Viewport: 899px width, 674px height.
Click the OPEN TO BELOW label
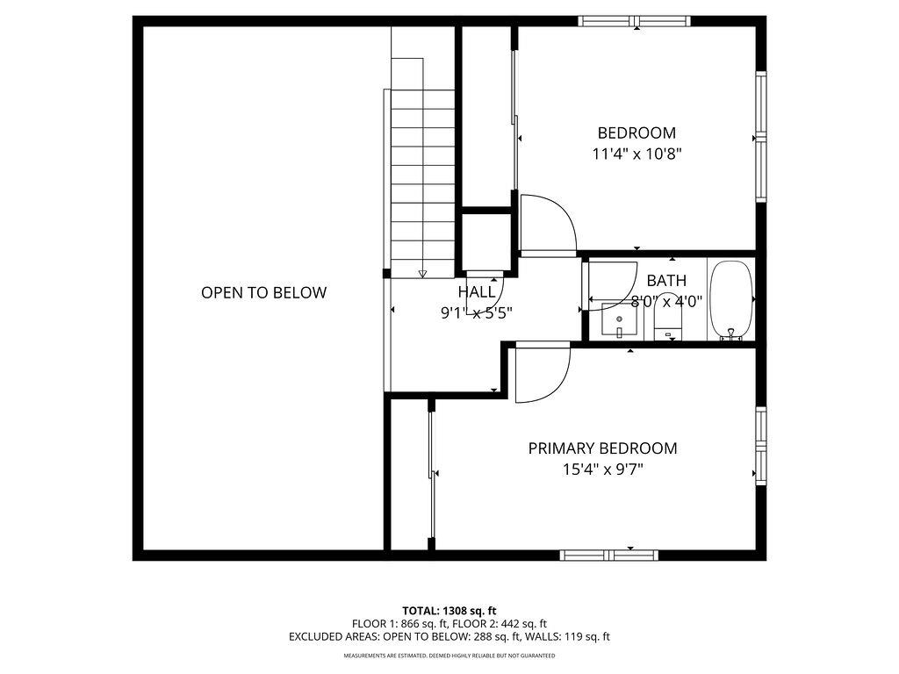click(x=263, y=293)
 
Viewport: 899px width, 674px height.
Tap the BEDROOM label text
click(x=636, y=133)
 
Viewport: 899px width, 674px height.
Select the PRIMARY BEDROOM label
click(x=602, y=448)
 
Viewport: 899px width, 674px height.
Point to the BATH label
click(x=666, y=281)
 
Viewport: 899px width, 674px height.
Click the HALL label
click(x=476, y=291)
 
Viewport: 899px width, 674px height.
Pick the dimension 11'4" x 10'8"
click(x=636, y=154)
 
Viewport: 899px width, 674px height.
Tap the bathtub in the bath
click(x=730, y=300)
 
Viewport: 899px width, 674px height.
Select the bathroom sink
click(x=620, y=320)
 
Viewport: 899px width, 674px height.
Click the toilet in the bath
click(x=668, y=319)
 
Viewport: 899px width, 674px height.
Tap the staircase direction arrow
click(x=422, y=274)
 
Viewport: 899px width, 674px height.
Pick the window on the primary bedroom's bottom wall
click(x=608, y=554)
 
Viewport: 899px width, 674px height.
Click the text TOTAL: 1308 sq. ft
click(x=449, y=610)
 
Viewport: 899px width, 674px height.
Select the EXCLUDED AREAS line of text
click(x=449, y=637)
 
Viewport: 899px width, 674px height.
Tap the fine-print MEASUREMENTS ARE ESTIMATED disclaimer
click(x=449, y=656)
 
